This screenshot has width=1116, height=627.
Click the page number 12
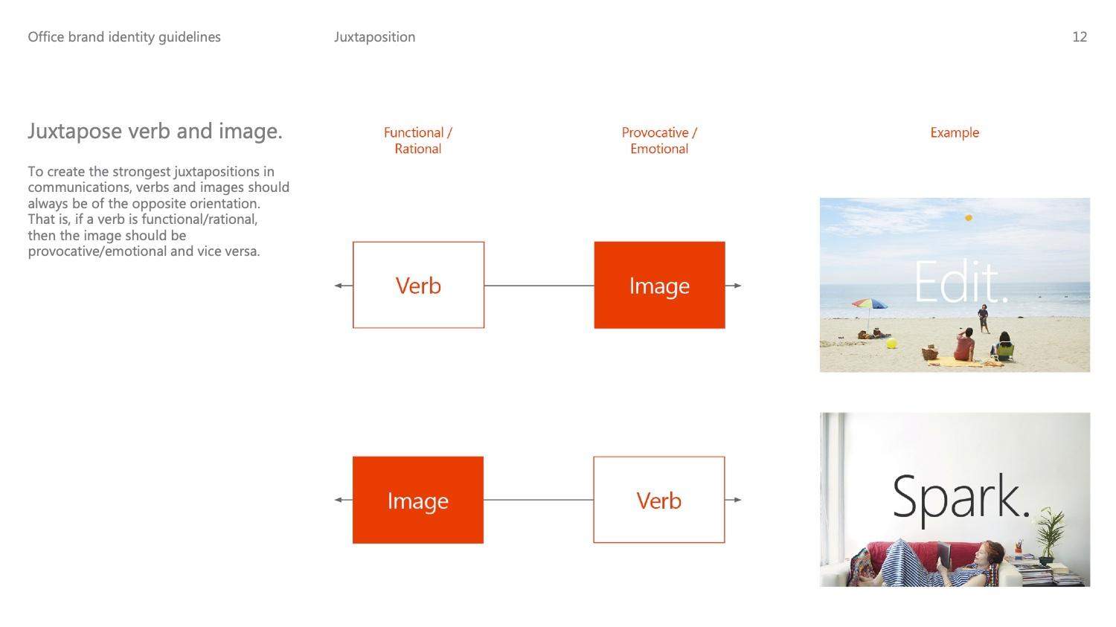tap(1080, 37)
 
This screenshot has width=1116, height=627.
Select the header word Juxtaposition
tap(375, 37)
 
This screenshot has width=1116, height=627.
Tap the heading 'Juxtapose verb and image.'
tap(155, 132)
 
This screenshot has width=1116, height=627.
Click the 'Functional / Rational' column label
tap(418, 141)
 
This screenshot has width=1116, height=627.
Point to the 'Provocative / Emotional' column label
tap(659, 141)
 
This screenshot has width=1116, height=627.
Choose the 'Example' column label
tap(955, 132)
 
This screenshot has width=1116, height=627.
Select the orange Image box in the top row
tap(660, 285)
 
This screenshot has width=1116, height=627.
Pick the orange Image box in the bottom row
tap(418, 500)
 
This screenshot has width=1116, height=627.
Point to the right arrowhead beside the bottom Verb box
tap(737, 500)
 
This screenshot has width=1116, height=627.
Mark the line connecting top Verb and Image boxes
tap(539, 286)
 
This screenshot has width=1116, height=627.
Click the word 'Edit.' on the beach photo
tap(961, 282)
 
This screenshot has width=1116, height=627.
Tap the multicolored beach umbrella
tap(870, 303)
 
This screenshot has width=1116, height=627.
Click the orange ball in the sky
tap(969, 218)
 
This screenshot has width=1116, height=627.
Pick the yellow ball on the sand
tap(892, 343)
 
